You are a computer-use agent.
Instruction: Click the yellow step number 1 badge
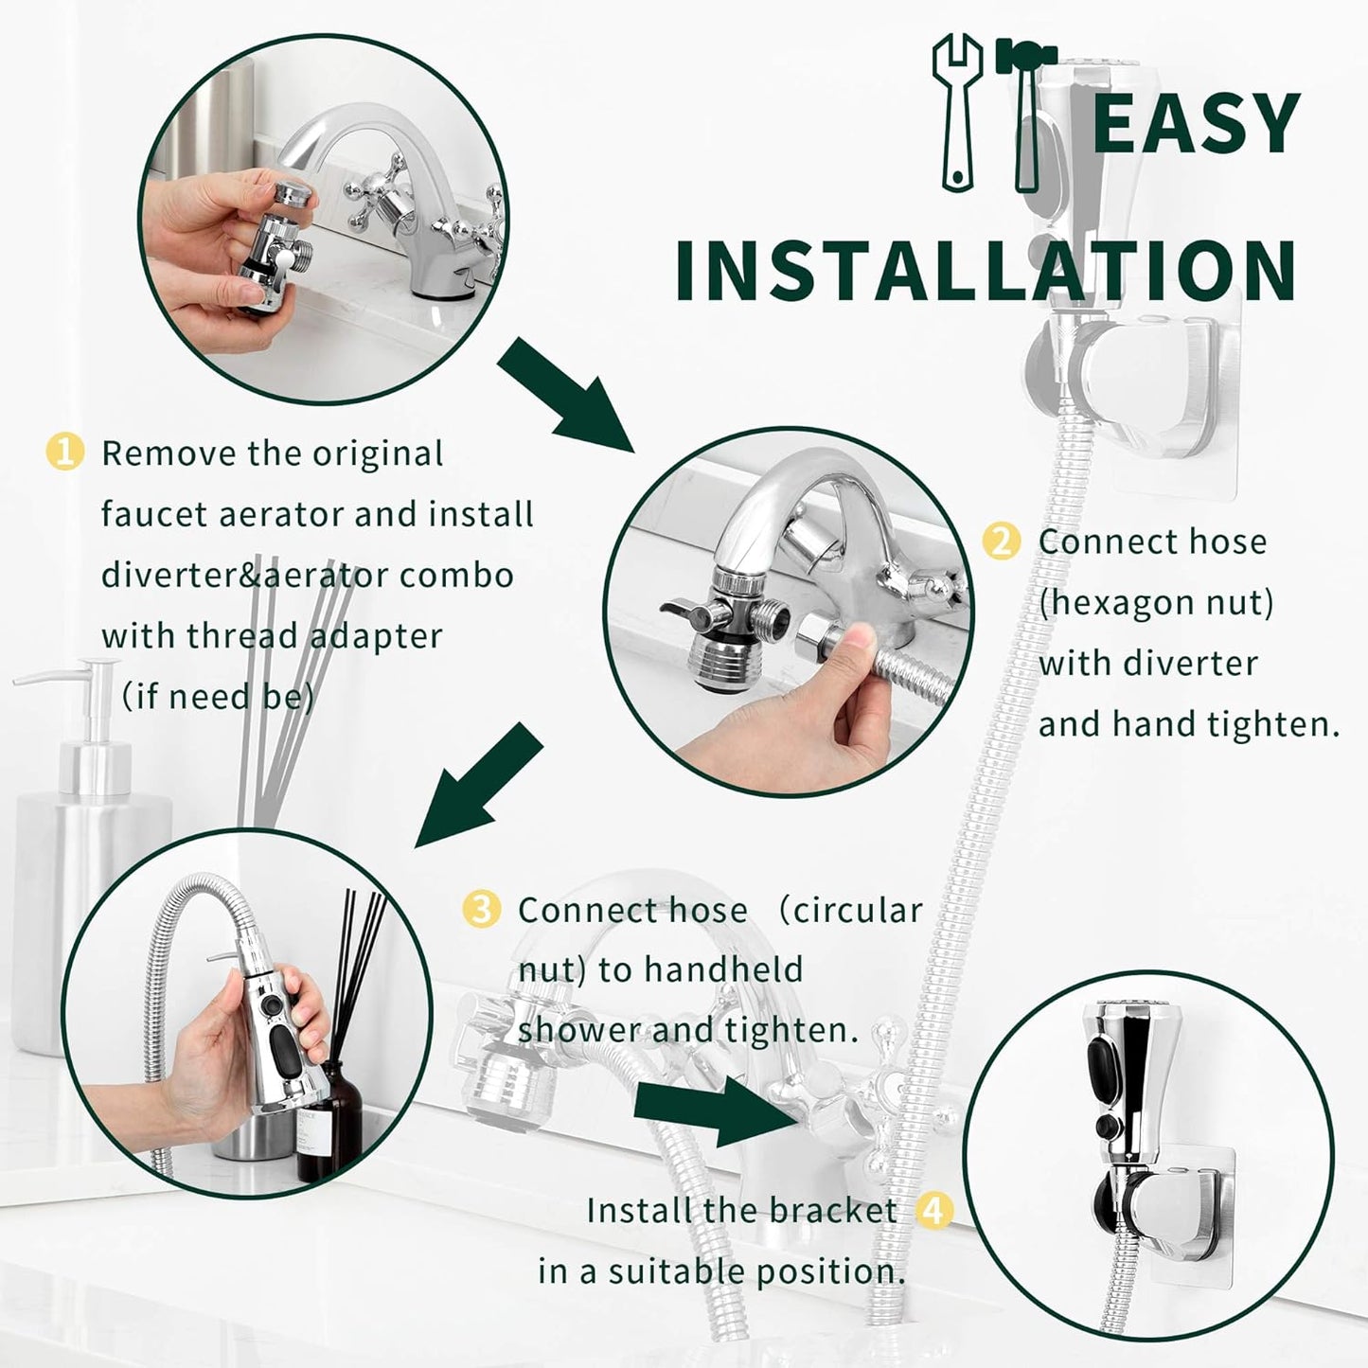(x=64, y=453)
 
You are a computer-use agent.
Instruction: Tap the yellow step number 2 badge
(x=1002, y=542)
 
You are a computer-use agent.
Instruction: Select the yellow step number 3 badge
(x=481, y=910)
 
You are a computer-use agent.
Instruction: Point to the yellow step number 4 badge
(x=935, y=1210)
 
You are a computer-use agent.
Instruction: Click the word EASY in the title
(x=1196, y=123)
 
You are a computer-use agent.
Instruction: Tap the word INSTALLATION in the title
(x=986, y=271)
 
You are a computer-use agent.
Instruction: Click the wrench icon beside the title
(x=956, y=112)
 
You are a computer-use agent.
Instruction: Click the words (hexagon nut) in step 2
(x=1156, y=603)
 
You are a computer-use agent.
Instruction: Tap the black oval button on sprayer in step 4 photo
(x=1104, y=1065)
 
